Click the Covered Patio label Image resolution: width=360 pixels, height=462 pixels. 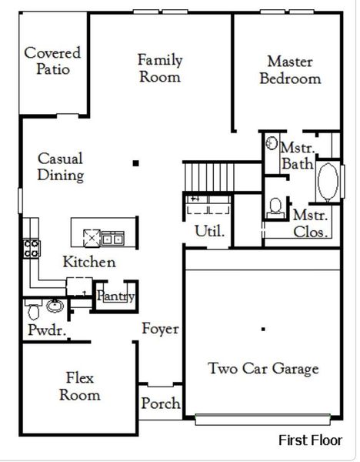point(52,61)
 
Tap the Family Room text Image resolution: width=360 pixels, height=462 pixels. point(160,68)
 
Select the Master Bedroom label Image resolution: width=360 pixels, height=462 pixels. point(290,70)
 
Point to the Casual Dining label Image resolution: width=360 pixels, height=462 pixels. point(61,167)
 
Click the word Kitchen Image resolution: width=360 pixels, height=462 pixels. point(89,262)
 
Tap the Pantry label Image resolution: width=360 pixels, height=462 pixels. point(115,296)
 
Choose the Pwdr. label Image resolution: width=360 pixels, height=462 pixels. point(47,330)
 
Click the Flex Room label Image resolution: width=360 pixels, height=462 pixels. point(80,387)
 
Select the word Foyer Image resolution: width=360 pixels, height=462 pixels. point(161,329)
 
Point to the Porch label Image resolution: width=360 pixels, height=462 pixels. point(161,403)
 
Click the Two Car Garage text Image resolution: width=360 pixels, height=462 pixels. point(263,369)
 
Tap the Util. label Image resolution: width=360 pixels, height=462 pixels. point(209,231)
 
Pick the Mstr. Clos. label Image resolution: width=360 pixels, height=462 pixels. point(311,223)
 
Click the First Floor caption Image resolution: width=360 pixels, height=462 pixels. point(310,440)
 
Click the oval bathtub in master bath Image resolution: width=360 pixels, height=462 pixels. point(328,182)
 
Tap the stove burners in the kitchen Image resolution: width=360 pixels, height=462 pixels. point(32,249)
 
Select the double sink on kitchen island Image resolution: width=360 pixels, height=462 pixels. point(113,238)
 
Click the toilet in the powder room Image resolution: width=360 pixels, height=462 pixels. point(33,310)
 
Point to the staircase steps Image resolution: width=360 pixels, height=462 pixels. point(209,177)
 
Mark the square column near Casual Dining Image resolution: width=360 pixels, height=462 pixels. point(135,163)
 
